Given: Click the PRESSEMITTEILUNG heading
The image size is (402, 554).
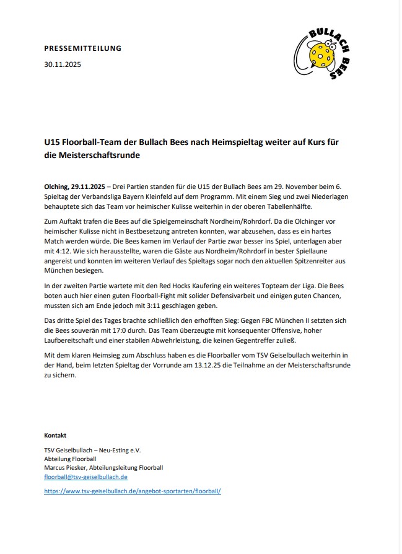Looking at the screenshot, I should (83, 48).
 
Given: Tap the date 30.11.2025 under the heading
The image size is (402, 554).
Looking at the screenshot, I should (63, 64).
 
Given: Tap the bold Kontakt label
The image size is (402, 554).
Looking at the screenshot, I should (55, 435).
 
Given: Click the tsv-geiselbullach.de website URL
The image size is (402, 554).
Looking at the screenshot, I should (133, 491).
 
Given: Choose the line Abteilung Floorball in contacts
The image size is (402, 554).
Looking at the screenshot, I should (70, 459).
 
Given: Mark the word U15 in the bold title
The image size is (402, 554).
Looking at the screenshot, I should (51, 143).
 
